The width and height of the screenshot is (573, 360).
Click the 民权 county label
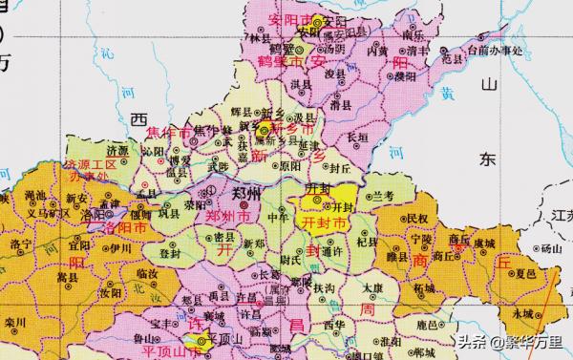417,219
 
